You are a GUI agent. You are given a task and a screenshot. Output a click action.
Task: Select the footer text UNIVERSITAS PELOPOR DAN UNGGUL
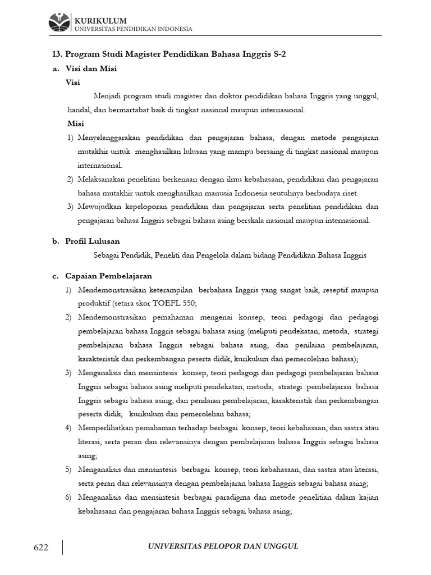(x=222, y=547)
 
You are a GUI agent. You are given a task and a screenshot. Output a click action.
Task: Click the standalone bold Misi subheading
(x=75, y=124)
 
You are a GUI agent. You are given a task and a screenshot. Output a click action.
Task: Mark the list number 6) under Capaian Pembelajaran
(x=68, y=498)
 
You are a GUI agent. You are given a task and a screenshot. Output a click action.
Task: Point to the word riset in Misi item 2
(x=350, y=193)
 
